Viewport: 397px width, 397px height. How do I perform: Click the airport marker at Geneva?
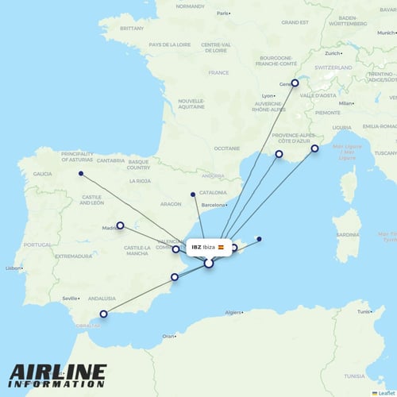coord(295,83)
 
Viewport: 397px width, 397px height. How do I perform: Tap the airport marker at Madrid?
coord(120,225)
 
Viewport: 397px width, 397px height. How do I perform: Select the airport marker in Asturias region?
coord(81,174)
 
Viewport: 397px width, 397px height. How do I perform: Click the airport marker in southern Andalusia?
coord(102,314)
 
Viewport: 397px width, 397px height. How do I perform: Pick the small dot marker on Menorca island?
coord(259,240)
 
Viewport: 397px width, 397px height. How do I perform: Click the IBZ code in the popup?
coord(196,248)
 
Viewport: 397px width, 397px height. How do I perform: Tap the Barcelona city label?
coord(215,206)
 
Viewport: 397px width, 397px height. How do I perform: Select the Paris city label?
coord(222,13)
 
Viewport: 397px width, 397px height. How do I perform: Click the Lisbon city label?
coord(13,268)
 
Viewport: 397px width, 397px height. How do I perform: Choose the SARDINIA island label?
coord(346,235)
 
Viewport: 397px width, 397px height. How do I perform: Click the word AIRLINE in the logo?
coord(57,372)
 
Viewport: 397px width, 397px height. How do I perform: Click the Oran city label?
coord(168,337)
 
